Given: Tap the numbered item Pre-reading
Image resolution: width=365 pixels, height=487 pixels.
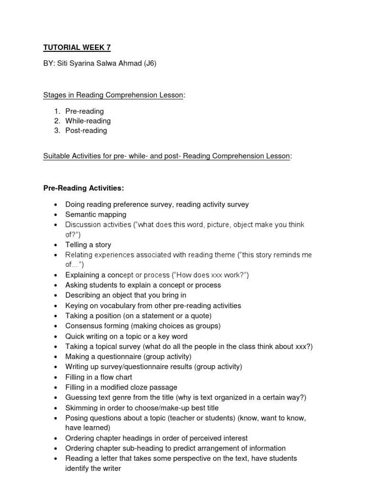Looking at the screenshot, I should click(85, 111).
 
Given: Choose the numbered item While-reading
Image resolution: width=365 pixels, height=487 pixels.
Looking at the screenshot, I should click(88, 121).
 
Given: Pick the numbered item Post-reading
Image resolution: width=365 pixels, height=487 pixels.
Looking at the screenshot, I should click(86, 130).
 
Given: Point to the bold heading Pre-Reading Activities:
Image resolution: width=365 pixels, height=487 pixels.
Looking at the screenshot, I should click(84, 188).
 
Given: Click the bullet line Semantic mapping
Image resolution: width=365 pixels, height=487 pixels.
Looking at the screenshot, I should click(94, 214).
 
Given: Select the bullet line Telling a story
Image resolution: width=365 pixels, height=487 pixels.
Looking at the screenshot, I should click(88, 244).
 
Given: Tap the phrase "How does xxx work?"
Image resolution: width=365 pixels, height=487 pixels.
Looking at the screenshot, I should click(210, 275).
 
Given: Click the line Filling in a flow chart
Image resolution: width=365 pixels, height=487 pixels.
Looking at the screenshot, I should click(99, 377).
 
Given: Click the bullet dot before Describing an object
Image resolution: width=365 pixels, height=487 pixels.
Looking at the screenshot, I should click(56, 296).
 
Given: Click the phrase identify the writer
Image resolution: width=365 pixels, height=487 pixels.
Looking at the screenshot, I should click(93, 468).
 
